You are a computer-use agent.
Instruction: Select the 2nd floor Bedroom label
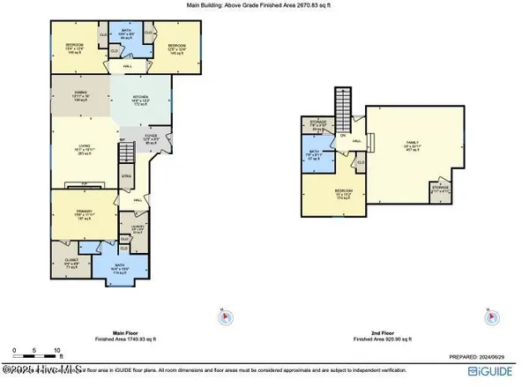click(x=342, y=192)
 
